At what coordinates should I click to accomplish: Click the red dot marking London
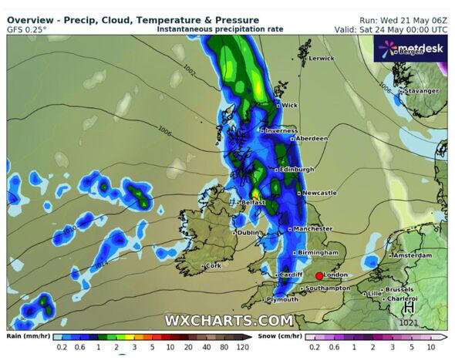tap(319, 275)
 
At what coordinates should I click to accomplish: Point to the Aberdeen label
tap(312, 139)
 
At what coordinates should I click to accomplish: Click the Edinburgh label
tap(297, 170)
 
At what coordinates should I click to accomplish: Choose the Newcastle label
tap(318, 193)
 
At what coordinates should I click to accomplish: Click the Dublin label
tap(248, 233)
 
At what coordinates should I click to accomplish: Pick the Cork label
tap(213, 266)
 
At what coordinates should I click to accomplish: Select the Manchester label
tap(312, 229)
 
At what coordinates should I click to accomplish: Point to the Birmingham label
tap(319, 252)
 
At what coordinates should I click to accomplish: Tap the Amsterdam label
tap(410, 255)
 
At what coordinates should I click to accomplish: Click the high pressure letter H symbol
tap(406, 308)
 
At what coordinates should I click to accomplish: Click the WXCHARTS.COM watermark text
tap(229, 320)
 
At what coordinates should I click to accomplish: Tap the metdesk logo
tap(408, 51)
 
